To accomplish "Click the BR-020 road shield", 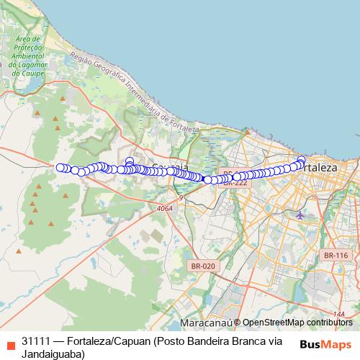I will [203, 266].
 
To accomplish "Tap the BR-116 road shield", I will [336, 256].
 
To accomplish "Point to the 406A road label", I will [164, 208].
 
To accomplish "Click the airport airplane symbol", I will [300, 215].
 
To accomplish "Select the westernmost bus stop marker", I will [60, 167].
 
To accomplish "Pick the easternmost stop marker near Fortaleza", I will [301, 160].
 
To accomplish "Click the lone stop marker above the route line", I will [130, 161].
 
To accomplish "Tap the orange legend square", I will [9, 342].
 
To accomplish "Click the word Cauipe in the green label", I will [36, 72].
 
